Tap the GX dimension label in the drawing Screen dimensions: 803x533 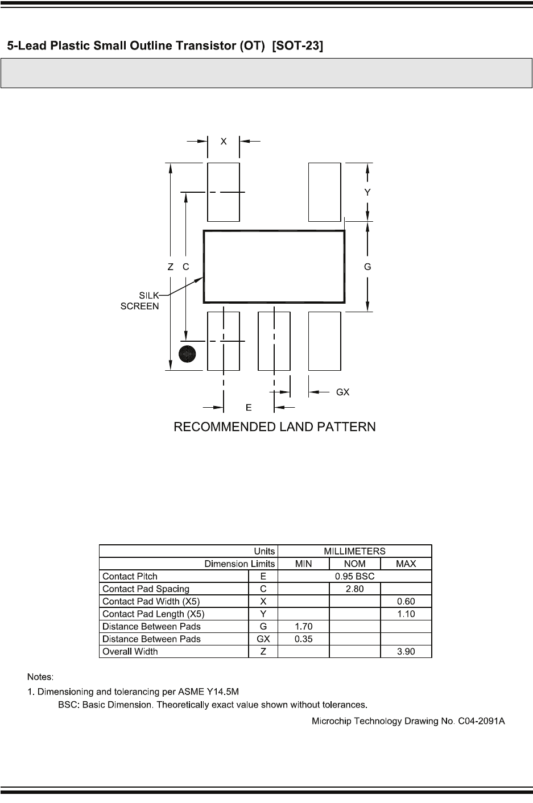pos(342,392)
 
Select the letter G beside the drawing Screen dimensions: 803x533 pos(367,267)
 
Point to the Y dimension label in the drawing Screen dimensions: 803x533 pos(367,193)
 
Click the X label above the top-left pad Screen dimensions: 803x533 pos(224,141)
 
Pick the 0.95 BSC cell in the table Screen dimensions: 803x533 pos(354,576)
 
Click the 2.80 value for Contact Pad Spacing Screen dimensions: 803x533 pos(354,589)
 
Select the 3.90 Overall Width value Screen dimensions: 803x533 pos(406,651)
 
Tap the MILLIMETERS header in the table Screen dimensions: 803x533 pos(354,551)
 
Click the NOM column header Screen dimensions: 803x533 pos(354,564)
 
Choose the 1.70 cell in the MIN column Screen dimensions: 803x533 pos(304,626)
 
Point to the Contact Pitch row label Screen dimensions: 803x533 pos(130,576)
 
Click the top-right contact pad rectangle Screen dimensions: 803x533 pos(324,192)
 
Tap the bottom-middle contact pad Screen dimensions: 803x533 pos(274,341)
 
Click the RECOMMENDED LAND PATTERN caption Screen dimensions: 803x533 pos(274,427)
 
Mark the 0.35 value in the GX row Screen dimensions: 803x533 pos(304,639)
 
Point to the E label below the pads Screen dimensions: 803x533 pos(249,407)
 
